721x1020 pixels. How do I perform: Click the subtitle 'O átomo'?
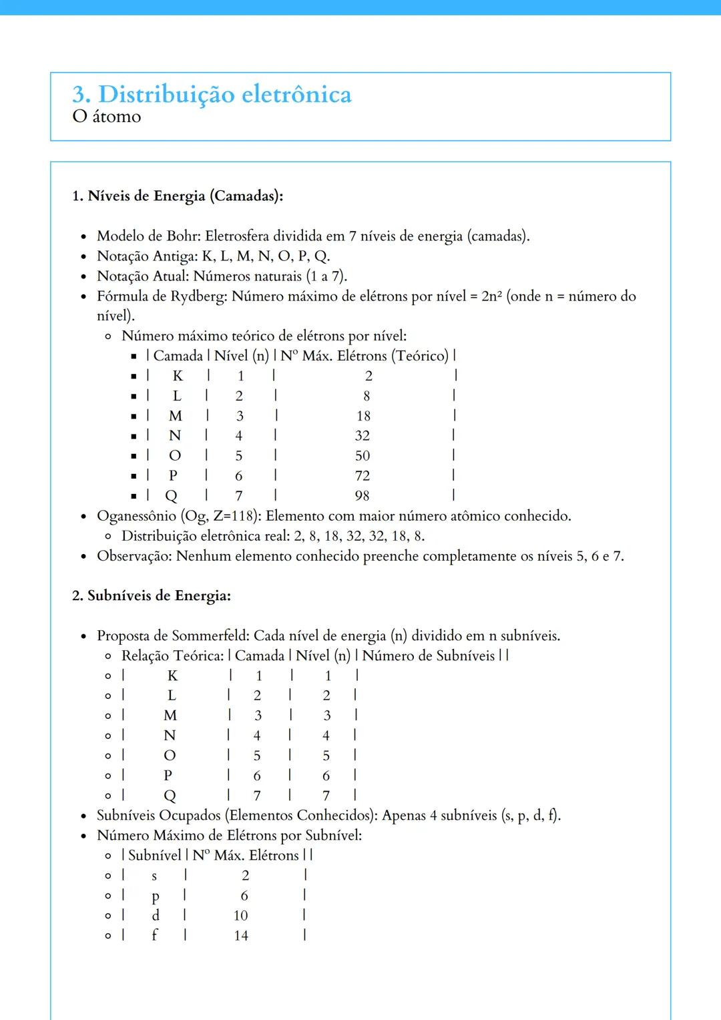coord(107,117)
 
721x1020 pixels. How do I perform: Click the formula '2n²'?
coord(491,296)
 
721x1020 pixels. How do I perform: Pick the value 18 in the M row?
coord(363,417)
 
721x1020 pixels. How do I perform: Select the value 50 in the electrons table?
coord(363,456)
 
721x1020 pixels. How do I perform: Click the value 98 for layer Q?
coord(362,496)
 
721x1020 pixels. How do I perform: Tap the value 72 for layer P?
coord(363,476)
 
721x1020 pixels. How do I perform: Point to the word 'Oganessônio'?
coord(136,516)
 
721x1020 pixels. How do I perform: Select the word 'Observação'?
coord(134,556)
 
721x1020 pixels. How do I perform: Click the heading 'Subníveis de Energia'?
coord(159,596)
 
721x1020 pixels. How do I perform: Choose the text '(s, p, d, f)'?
coord(531,816)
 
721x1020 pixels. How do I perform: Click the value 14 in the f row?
coord(241,936)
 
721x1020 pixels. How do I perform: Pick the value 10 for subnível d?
coord(240,916)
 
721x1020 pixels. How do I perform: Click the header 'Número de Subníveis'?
coord(429,656)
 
